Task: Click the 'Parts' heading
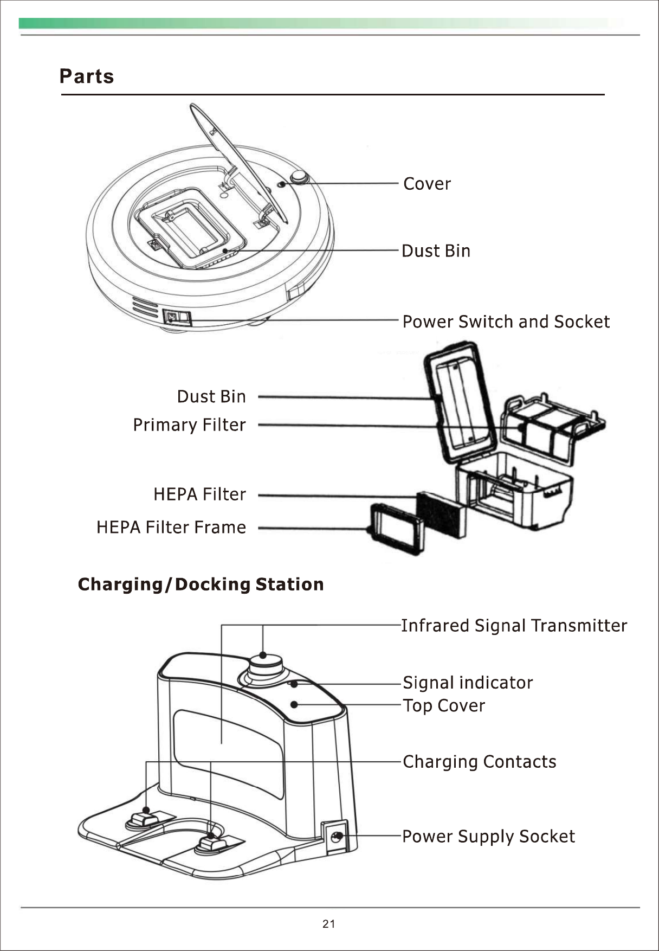87,76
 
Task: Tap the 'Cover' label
427,184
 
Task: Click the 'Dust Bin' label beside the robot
436,251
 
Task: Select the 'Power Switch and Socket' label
506,322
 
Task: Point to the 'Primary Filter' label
189,425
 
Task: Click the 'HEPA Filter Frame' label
171,527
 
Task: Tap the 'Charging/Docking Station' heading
201,584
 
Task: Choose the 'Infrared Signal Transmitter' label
514,626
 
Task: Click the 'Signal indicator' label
468,682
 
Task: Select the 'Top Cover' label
444,705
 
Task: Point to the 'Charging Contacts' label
479,762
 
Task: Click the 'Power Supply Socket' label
488,836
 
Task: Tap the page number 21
328,924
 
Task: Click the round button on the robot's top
299,176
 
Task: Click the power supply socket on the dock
336,837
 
